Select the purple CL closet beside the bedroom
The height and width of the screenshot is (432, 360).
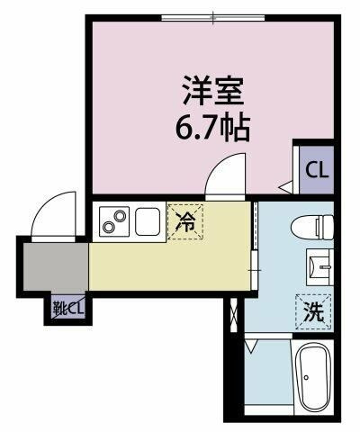[315, 170]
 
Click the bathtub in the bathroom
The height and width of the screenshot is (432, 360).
[313, 378]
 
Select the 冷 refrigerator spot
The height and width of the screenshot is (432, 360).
[186, 220]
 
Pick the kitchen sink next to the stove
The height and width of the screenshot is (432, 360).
[147, 220]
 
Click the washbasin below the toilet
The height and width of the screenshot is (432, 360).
[318, 265]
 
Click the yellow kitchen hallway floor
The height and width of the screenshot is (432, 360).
[166, 265]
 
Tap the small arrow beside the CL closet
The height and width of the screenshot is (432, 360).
[283, 187]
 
